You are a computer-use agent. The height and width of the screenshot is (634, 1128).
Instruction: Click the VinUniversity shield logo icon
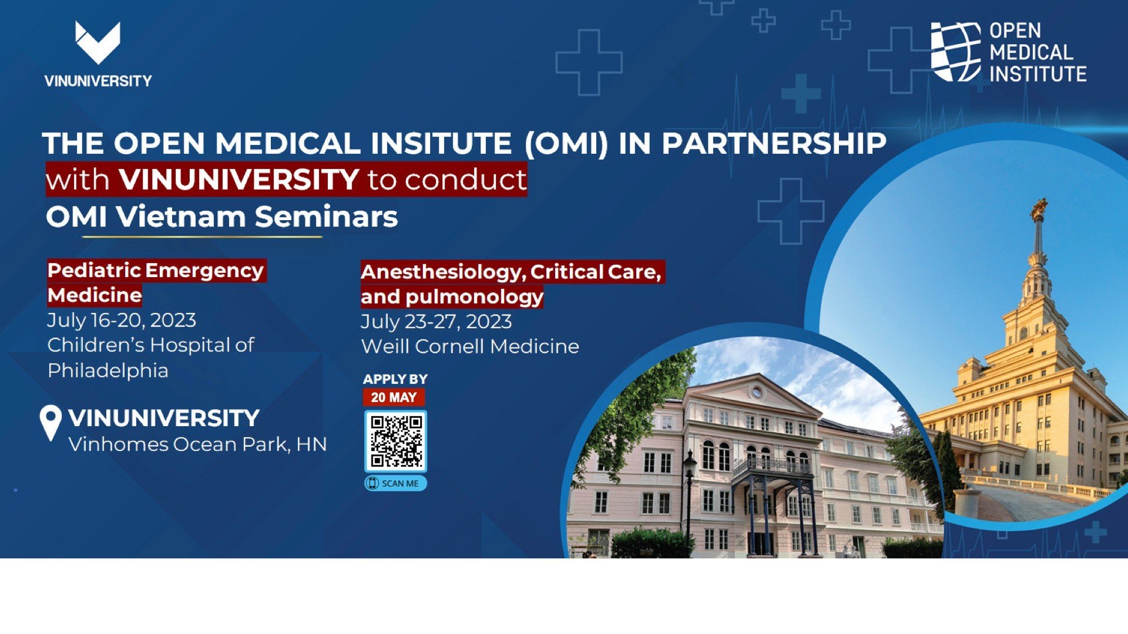pyautogui.click(x=98, y=43)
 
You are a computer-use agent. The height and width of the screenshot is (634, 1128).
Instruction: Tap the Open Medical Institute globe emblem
pyautogui.click(x=956, y=52)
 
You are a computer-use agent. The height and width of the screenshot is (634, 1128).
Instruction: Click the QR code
pyautogui.click(x=395, y=441)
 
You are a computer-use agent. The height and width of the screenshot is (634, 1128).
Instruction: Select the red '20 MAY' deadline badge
pyautogui.click(x=394, y=397)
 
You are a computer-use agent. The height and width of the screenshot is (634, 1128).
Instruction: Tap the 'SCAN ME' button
pyautogui.click(x=395, y=483)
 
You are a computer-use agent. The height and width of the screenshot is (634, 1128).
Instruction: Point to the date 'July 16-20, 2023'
pyautogui.click(x=122, y=321)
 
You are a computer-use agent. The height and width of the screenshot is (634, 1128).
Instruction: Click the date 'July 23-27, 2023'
pyautogui.click(x=436, y=322)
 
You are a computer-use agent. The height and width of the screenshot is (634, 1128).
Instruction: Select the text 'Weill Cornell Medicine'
pyautogui.click(x=470, y=346)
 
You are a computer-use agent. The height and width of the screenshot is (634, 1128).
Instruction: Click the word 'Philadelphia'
pyautogui.click(x=108, y=371)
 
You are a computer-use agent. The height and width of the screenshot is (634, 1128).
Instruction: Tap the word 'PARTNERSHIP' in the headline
pyautogui.click(x=774, y=143)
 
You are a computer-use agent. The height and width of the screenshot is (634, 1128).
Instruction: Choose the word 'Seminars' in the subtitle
pyautogui.click(x=327, y=217)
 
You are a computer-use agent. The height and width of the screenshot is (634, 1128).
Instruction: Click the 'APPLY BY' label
pyautogui.click(x=395, y=379)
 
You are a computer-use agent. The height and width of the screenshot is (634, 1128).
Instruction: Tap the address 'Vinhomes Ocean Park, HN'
pyautogui.click(x=197, y=444)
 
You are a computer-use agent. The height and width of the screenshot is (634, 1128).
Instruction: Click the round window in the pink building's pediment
pyautogui.click(x=758, y=392)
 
